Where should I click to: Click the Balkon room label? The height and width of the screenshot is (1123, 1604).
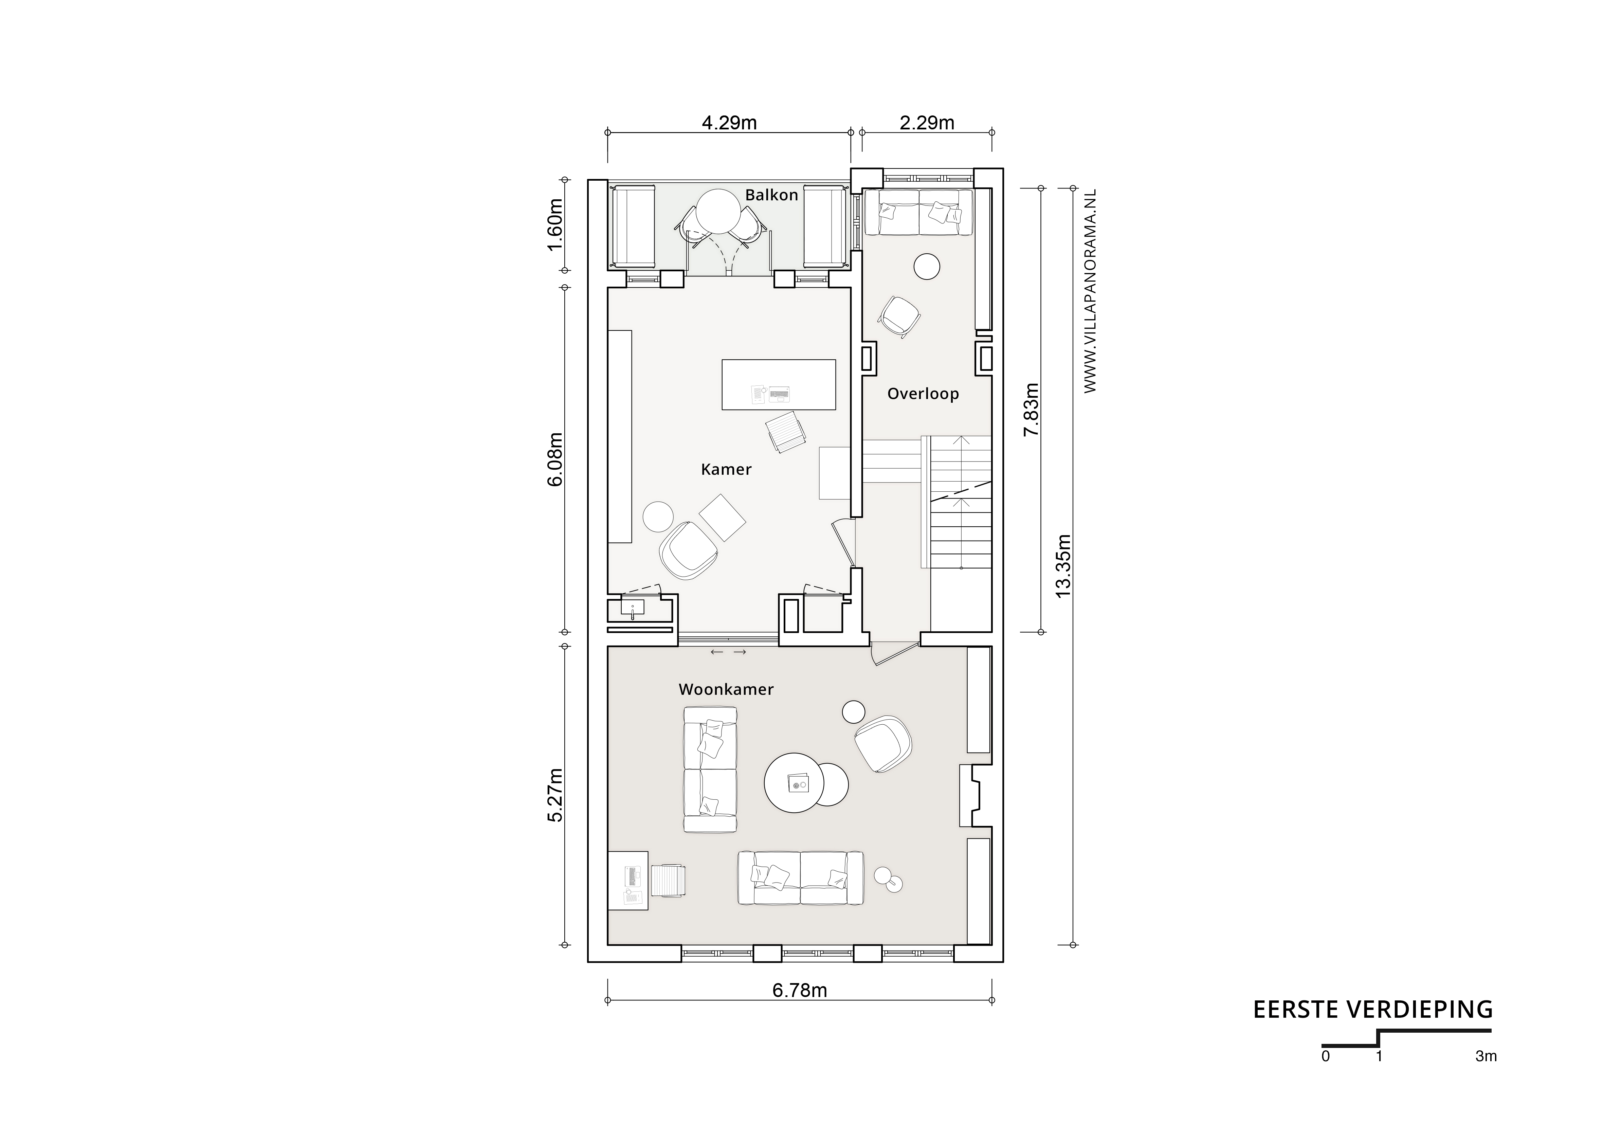[771, 195]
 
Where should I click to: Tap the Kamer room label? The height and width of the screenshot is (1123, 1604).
[726, 470]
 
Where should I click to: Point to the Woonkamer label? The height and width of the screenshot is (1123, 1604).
[726, 690]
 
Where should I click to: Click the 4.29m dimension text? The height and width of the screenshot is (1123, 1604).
[729, 123]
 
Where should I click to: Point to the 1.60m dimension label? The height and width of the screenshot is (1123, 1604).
[554, 225]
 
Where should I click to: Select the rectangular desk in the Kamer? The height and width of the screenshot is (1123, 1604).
[778, 384]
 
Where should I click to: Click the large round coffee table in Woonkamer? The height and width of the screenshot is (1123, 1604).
[796, 783]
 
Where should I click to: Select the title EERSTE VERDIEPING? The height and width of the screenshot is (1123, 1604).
[1373, 1010]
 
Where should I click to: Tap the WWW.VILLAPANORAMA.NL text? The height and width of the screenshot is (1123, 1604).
[1090, 290]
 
